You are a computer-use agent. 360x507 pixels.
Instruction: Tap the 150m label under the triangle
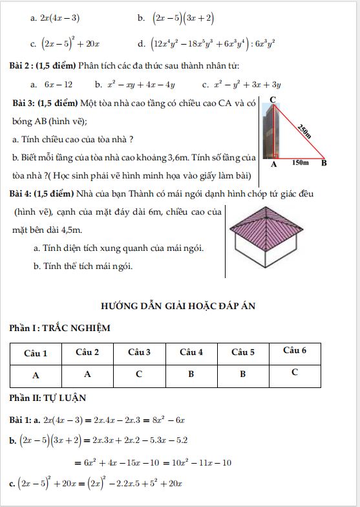[x=300, y=163]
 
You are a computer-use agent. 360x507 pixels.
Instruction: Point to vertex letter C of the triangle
[x=273, y=99]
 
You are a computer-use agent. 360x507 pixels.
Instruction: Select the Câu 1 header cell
[x=36, y=353]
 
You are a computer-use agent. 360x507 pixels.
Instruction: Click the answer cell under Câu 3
[x=139, y=374]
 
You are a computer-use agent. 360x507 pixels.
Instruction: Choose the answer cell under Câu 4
[x=191, y=374]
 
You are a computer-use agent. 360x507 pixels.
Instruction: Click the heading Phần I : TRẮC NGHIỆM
[x=59, y=328]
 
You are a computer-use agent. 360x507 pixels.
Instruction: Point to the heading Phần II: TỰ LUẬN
[x=48, y=398]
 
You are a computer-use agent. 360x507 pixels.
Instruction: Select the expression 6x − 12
[x=58, y=84]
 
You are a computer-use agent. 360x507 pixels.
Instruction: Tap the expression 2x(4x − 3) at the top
[x=59, y=17]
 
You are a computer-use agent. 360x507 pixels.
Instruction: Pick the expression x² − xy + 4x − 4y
[x=140, y=84]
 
